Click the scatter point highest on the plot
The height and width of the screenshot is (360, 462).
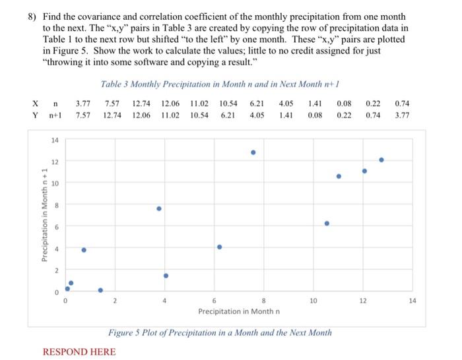coord(253,152)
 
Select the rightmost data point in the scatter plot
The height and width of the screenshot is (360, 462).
coord(381,160)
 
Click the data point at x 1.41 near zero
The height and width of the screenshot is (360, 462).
coord(100,290)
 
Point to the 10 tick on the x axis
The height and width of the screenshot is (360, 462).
coord(313,301)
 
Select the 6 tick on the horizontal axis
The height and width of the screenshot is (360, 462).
coord(214,301)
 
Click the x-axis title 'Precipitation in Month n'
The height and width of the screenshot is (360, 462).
coord(239,311)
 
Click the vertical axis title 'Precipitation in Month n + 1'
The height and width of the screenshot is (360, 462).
coord(44,215)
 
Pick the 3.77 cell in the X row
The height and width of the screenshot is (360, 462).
coord(83,104)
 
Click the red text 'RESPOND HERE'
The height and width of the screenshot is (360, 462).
coord(79,352)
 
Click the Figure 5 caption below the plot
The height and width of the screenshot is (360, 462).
coord(220,332)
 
